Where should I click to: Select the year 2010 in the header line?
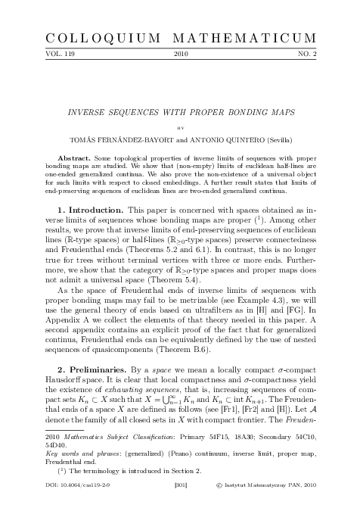coord(181,55)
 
